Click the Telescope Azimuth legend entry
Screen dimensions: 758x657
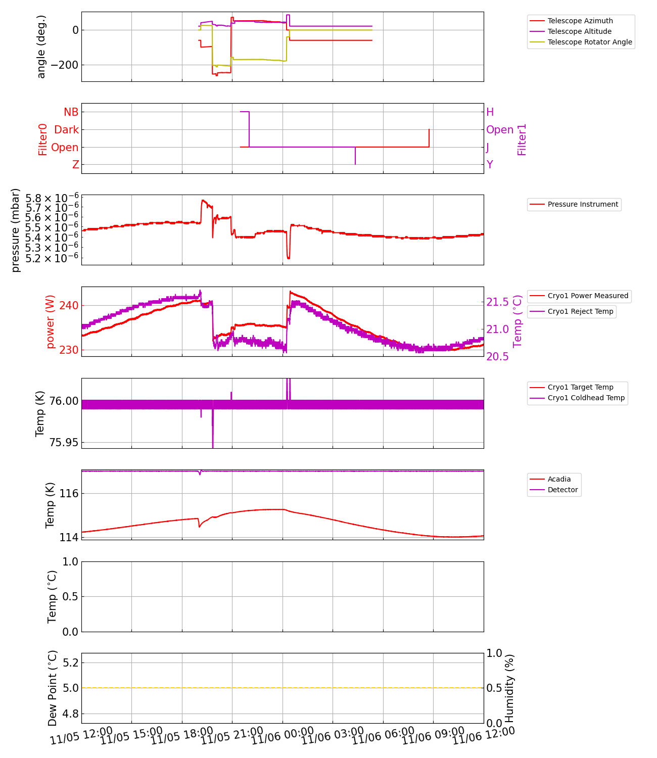tap(580, 21)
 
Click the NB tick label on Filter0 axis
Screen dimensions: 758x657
tap(71, 112)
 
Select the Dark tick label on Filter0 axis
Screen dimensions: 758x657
tap(66, 130)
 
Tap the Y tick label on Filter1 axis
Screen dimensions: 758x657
tap(490, 165)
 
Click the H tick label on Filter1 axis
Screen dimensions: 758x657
tap(490, 112)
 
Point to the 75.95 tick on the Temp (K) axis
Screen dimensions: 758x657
tap(64, 443)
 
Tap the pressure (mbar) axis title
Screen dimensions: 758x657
tap(16, 230)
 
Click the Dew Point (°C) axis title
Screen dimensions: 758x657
tap(53, 688)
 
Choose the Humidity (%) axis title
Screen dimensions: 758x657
tap(509, 688)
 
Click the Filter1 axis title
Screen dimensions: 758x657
tap(522, 139)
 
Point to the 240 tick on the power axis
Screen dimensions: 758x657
tap(69, 306)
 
